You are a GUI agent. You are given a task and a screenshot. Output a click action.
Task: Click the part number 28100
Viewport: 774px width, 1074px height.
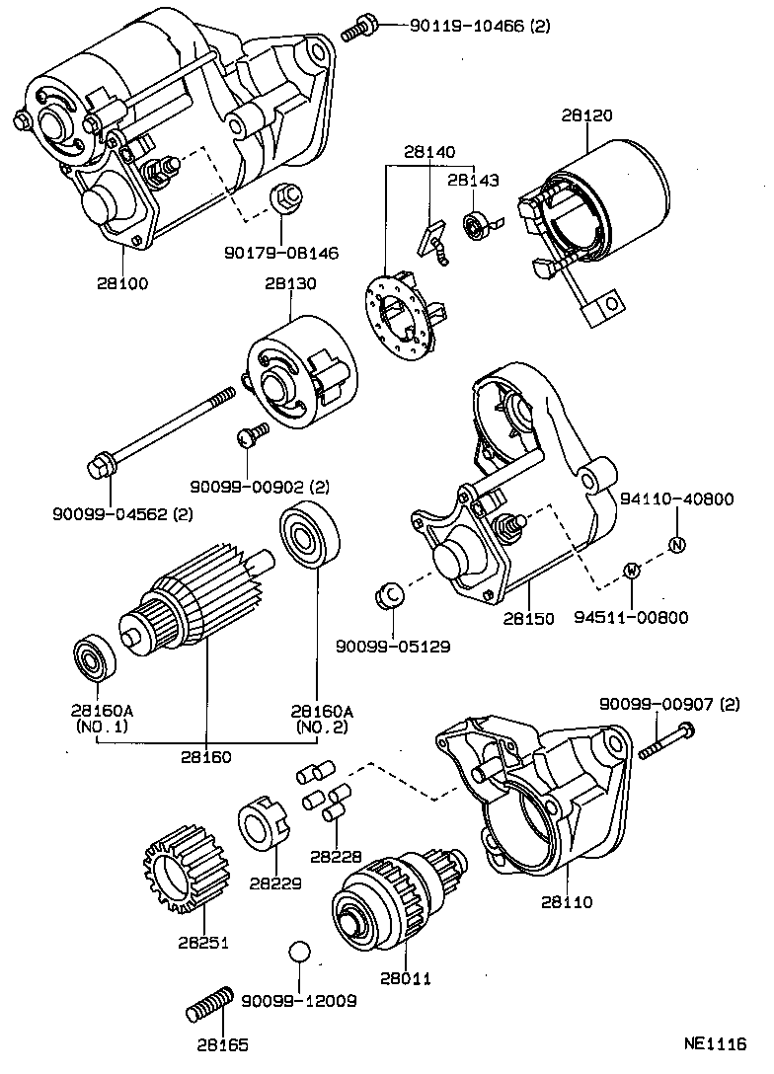tap(121, 282)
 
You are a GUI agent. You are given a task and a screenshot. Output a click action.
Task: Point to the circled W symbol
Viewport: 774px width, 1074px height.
tap(632, 571)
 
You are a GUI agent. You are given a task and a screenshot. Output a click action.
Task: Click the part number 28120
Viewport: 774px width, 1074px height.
tap(587, 115)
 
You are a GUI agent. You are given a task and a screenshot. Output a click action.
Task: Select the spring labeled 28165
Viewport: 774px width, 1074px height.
tap(208, 1007)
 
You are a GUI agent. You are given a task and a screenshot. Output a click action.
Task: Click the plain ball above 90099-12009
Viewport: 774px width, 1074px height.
tap(299, 953)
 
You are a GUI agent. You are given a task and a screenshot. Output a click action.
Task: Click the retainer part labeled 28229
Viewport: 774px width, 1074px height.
tap(262, 821)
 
